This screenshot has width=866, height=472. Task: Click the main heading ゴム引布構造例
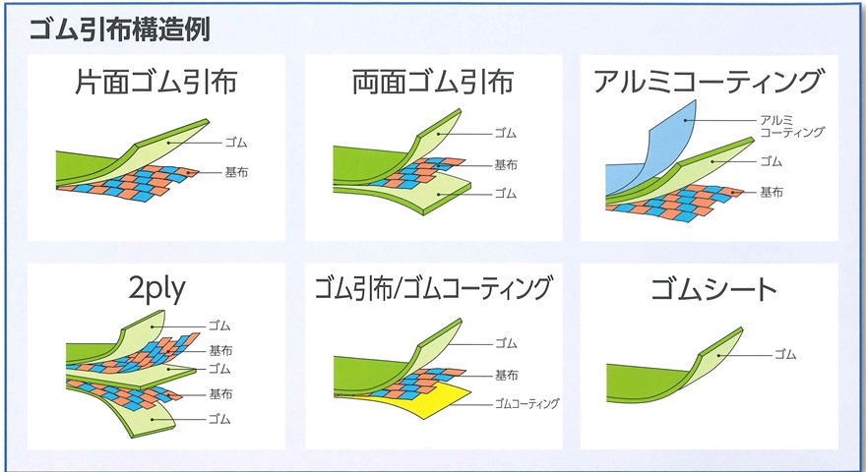(119, 29)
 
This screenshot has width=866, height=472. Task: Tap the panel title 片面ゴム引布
(156, 83)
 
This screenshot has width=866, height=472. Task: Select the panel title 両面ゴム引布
(434, 83)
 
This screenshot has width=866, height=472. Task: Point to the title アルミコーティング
(710, 82)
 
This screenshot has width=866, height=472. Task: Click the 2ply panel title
(156, 289)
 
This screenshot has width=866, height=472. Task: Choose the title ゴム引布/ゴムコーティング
(434, 288)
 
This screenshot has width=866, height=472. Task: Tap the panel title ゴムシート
(713, 289)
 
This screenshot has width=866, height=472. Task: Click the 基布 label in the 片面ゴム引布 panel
(236, 173)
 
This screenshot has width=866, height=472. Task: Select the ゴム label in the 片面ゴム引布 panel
(236, 143)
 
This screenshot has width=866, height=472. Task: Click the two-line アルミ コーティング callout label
(791, 127)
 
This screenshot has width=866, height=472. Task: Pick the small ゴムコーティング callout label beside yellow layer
(526, 404)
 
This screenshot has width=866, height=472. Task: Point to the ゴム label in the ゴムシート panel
(785, 354)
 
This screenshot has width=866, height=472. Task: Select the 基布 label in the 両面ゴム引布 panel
(506, 164)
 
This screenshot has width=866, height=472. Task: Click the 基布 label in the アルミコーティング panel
(772, 192)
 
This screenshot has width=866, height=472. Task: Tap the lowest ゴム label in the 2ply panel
(219, 419)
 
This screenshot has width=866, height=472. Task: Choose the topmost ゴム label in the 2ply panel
(219, 325)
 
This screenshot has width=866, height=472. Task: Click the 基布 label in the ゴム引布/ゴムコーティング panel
(506, 376)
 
